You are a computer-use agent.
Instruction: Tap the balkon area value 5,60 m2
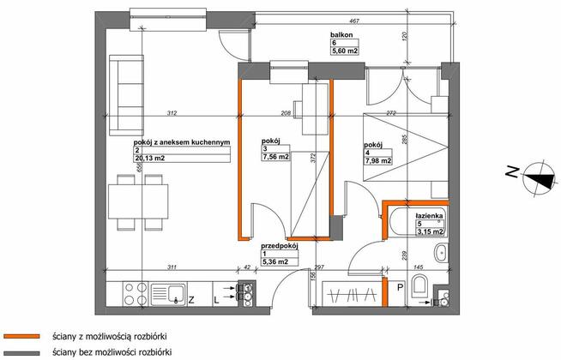(346, 51)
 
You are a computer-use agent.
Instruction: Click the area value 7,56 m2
(277, 158)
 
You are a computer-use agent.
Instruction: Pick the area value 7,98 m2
(378, 160)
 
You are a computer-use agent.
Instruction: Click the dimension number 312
(172, 114)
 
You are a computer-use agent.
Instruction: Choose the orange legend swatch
(22, 336)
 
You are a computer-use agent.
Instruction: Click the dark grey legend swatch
(22, 352)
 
